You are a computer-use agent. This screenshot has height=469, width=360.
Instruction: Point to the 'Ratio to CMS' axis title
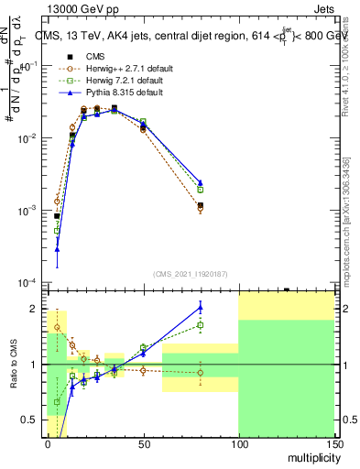15,365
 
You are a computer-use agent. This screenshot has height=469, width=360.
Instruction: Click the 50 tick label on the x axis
142,444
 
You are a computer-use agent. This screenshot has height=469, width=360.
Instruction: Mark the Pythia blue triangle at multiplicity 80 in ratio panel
201,307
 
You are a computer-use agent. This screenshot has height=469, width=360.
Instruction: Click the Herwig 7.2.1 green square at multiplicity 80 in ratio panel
201,324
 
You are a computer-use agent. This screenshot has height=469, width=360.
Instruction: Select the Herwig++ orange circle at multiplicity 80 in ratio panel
201,372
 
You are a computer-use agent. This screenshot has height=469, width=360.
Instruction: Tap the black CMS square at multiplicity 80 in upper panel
201,206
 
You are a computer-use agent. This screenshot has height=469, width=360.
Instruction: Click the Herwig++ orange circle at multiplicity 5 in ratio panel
57,327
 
